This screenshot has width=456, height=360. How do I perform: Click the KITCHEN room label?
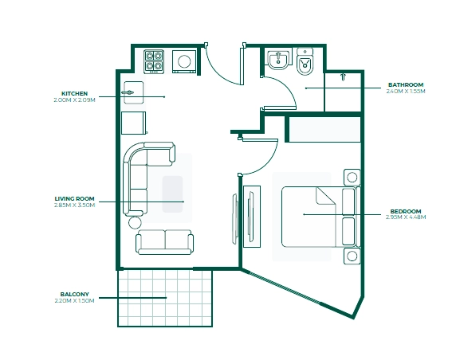click(x=74, y=93)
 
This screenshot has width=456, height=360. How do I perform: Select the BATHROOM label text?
click(x=406, y=85)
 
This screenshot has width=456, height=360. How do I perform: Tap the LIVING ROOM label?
click(x=74, y=199)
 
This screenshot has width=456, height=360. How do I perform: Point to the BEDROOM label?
click(x=406, y=211)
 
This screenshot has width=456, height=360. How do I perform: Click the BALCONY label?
click(x=74, y=295)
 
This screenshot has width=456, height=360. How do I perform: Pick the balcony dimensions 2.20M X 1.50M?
click(x=74, y=301)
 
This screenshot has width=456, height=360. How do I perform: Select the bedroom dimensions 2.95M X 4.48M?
click(x=406, y=217)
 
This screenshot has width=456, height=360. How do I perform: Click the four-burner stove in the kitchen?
click(x=154, y=61)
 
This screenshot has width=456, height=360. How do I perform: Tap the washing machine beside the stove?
click(x=184, y=61)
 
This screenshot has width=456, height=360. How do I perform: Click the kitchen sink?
click(x=134, y=92)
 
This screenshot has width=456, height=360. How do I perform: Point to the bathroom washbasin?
click(x=278, y=61)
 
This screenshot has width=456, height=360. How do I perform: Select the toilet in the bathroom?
click(x=305, y=61)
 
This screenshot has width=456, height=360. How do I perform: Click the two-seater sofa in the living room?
click(x=164, y=242)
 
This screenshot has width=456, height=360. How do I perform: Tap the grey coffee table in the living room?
click(x=172, y=194)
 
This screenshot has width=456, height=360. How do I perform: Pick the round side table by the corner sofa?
click(x=135, y=222)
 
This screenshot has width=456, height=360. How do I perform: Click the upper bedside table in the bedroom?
click(x=352, y=177)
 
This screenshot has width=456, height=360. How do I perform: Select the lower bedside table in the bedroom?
click(x=352, y=256)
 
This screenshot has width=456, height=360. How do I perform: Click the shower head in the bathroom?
click(x=344, y=77)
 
